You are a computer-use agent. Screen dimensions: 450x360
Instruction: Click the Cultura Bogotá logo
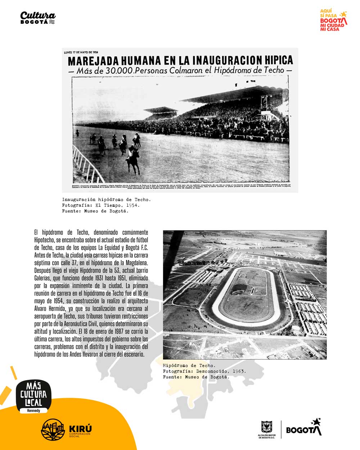pos(38,17)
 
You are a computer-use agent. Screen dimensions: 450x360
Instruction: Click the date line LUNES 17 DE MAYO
pos(81,52)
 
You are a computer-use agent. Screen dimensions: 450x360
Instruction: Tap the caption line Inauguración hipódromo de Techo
pos(106,199)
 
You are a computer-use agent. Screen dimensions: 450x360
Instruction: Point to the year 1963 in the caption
pos(239,371)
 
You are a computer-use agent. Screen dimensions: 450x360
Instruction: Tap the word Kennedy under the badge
pos(34,410)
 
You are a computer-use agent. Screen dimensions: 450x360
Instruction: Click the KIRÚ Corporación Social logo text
pos(80,430)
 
